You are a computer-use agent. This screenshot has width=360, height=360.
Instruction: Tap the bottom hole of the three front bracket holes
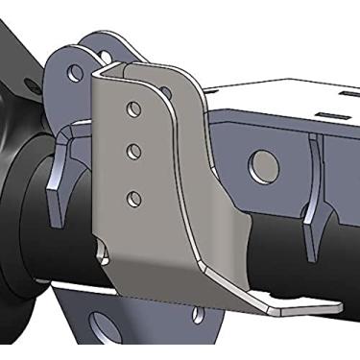coord(133,198)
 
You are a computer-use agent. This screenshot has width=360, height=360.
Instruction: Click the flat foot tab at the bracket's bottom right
coord(293,306)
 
